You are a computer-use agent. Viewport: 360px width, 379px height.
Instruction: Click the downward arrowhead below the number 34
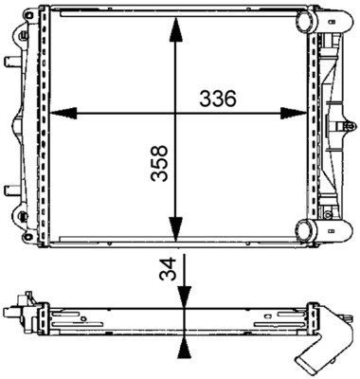[x=181, y=298]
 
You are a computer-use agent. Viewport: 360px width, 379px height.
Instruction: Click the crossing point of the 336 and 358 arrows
[x=175, y=114]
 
